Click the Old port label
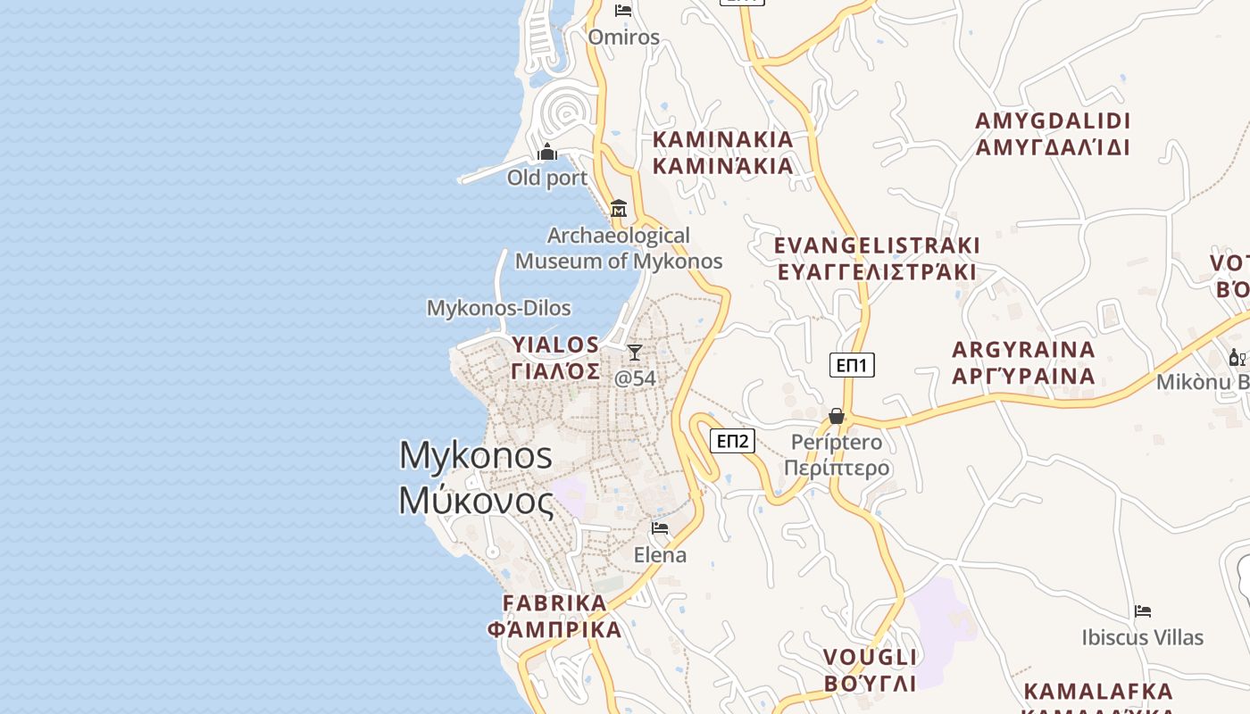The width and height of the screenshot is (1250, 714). (x=547, y=178)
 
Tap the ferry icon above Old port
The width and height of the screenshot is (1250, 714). (x=548, y=153)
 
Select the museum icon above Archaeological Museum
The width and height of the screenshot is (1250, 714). (x=619, y=210)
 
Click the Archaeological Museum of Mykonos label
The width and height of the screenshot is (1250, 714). (x=619, y=249)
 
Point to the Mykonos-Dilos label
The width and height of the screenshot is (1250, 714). (x=498, y=308)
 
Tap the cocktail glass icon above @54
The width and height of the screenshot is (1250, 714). (x=635, y=353)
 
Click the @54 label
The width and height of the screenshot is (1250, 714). (x=635, y=378)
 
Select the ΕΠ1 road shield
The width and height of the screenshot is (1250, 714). (x=852, y=364)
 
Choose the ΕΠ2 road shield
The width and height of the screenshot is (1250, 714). (x=733, y=440)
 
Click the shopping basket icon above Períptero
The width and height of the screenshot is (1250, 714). (x=837, y=416)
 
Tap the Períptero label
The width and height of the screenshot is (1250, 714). (x=837, y=455)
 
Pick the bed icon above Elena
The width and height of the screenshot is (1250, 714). (x=660, y=529)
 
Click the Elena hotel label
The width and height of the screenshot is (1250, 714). (x=660, y=555)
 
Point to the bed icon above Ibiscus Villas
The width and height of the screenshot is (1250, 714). (x=1143, y=611)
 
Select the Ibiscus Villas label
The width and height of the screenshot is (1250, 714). (x=1143, y=637)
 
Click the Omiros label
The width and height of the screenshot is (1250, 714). (x=623, y=37)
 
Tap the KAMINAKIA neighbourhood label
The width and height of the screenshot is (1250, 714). (x=722, y=153)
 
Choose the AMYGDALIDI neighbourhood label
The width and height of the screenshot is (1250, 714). (x=1053, y=134)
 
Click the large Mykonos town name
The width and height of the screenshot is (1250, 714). (x=476, y=477)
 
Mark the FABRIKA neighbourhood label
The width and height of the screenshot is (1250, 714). (x=554, y=616)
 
